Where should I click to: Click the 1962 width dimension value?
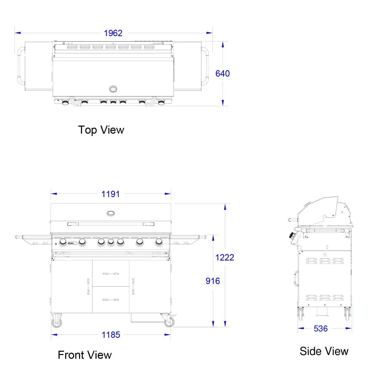point(113,33)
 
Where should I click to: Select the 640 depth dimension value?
point(223,74)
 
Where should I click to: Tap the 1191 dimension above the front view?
point(110,194)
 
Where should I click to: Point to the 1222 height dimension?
point(225,257)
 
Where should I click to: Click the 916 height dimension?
point(213,281)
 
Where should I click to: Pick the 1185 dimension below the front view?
point(111,335)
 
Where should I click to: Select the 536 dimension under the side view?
point(321,328)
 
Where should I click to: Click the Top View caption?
point(101,130)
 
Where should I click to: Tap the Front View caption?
point(85,355)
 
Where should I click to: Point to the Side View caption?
point(324,351)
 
